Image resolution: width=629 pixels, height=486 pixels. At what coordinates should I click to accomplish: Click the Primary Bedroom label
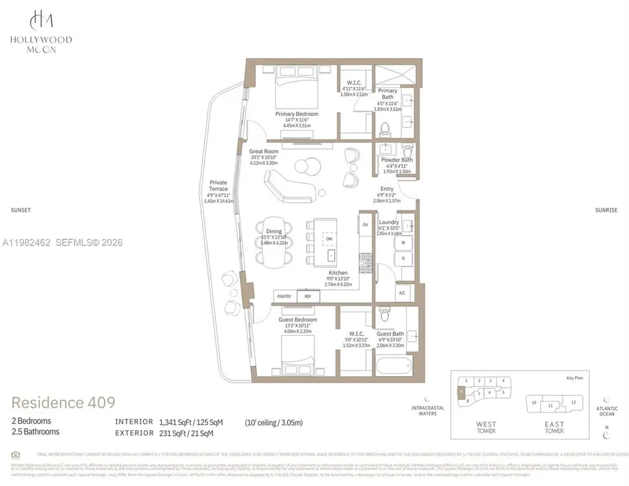[297, 114]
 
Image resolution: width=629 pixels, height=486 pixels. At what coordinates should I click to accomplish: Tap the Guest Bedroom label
[297, 320]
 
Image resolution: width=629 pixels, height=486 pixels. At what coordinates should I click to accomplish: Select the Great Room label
[264, 151]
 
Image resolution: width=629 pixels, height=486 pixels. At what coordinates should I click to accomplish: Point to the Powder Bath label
[396, 159]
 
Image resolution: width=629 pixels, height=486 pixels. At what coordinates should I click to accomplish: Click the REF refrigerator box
[307, 296]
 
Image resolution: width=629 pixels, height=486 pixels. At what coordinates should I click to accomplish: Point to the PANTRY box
[284, 296]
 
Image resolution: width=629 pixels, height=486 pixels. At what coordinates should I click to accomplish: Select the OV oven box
[366, 224]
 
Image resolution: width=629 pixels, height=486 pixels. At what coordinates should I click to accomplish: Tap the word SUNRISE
[606, 210]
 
